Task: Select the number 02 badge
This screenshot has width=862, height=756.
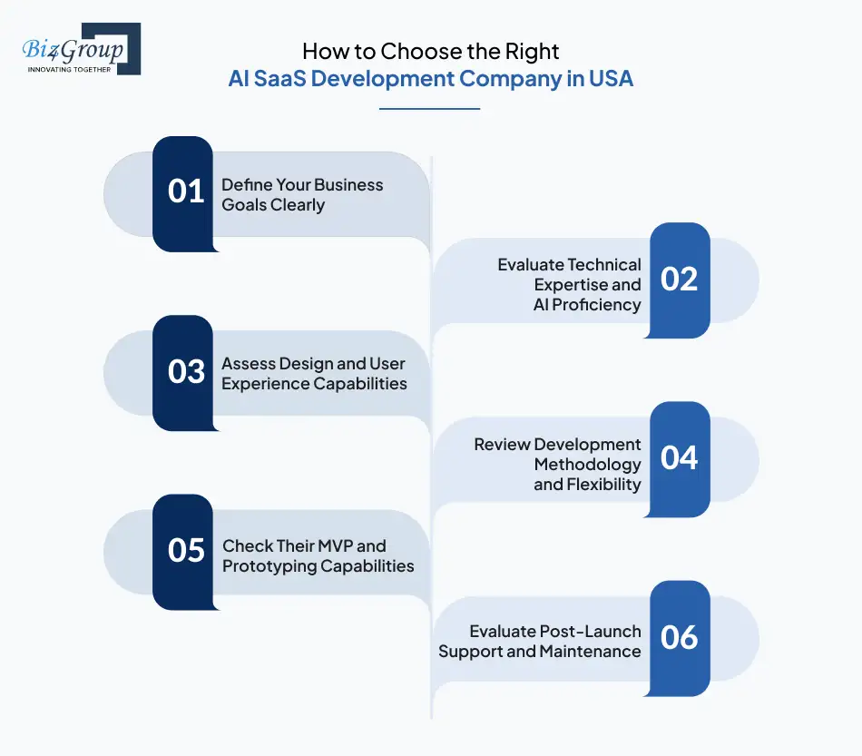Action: pos(680,280)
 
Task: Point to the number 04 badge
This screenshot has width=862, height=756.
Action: pos(680,458)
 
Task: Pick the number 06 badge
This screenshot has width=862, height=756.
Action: pos(680,638)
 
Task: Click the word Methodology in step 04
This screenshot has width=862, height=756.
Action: pos(587,465)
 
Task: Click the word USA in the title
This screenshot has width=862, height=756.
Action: pos(611,78)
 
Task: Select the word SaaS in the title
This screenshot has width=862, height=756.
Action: pos(293,78)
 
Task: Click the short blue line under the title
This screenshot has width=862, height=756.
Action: pos(429,109)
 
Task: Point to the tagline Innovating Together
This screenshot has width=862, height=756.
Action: pos(69,69)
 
